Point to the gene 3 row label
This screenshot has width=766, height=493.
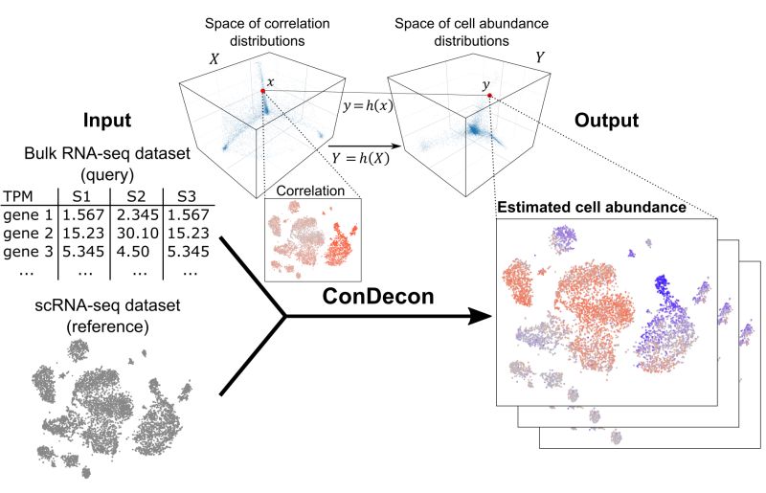(x=26, y=252)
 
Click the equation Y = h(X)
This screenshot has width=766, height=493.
(x=355, y=158)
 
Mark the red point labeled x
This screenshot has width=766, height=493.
(x=261, y=90)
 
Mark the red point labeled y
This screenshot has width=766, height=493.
(x=488, y=96)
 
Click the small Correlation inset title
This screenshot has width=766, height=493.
(x=309, y=190)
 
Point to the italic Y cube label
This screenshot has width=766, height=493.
(x=540, y=57)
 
